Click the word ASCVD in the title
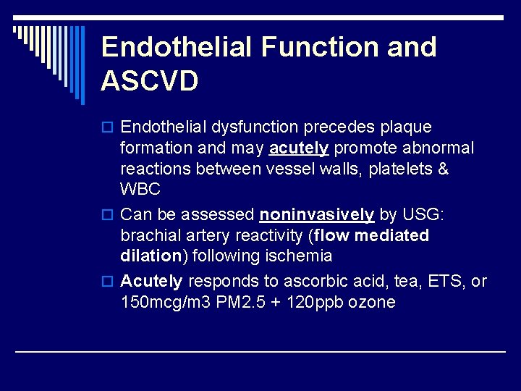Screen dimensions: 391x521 click(150, 81)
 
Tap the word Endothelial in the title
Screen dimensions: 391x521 click(177, 47)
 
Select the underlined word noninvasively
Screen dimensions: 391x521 click(317, 214)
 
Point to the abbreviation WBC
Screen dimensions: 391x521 click(140, 190)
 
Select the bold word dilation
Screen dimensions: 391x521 click(151, 256)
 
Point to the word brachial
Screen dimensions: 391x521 click(149, 235)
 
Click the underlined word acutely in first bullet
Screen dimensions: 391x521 click(299, 148)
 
